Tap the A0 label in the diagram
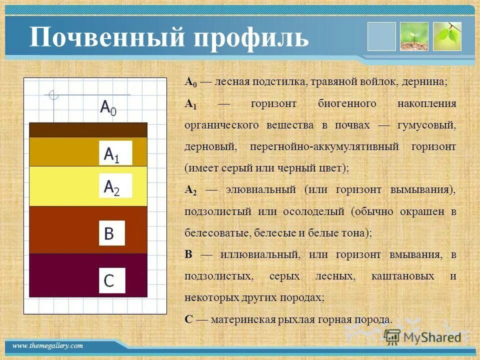(108, 107)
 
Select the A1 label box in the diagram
(115, 153)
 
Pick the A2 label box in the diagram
(115, 185)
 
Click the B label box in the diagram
(111, 233)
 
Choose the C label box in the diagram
(111, 280)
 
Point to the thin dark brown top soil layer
(88, 130)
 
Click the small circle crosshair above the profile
(53, 95)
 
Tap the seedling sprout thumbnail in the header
(414, 36)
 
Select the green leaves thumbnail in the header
(446, 36)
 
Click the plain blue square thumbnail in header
(381, 36)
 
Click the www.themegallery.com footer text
(48, 346)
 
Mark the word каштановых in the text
(404, 276)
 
